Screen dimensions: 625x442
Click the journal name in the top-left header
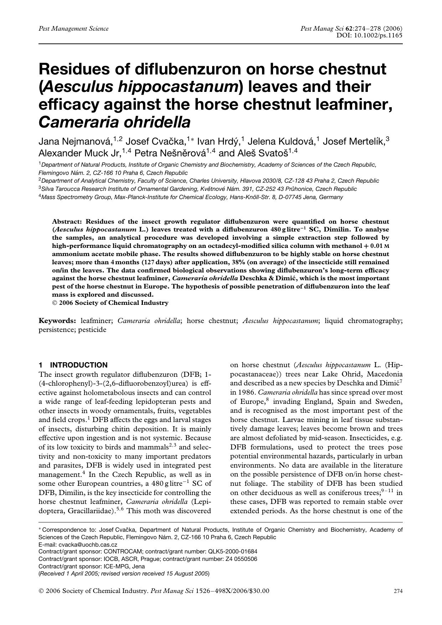tap(73, 28)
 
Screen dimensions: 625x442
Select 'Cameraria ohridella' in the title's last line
tap(114, 122)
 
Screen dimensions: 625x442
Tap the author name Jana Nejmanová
tap(75, 142)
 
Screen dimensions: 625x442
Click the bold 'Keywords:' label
tap(57, 321)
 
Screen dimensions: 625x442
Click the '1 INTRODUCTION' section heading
tap(73, 365)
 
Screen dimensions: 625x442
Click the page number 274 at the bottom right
tap(398, 591)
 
